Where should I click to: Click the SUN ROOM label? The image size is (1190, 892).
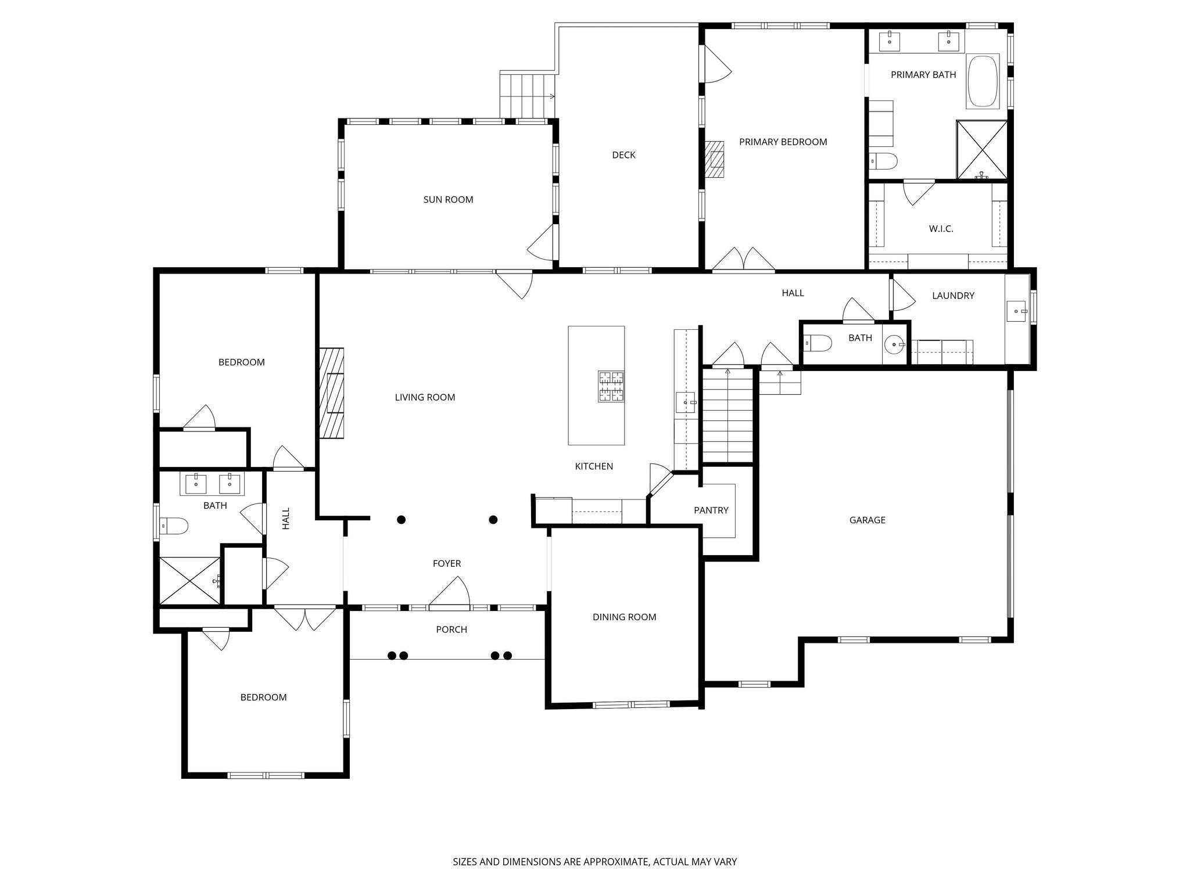(x=448, y=200)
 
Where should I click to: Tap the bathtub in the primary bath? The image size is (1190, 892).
(x=983, y=81)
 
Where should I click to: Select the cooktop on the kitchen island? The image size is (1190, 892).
(x=611, y=387)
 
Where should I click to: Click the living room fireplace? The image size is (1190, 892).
(x=331, y=393)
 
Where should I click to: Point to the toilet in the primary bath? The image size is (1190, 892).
(x=883, y=160)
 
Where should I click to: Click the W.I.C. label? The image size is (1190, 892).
(x=941, y=229)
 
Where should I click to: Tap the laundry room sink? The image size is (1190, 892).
(x=1016, y=311)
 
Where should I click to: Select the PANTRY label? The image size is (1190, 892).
(x=711, y=510)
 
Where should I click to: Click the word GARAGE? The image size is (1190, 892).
(x=867, y=520)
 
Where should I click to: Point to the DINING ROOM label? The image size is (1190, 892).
(x=624, y=617)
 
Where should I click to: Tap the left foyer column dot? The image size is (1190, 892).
(x=401, y=519)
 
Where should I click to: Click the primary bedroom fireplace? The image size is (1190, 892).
(x=715, y=160)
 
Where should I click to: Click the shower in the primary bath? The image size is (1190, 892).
(x=981, y=150)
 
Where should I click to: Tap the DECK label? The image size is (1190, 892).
(x=623, y=155)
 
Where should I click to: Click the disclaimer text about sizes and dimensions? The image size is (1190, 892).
(x=594, y=862)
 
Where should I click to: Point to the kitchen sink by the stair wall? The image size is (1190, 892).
(x=686, y=402)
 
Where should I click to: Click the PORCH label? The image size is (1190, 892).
(x=451, y=630)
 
